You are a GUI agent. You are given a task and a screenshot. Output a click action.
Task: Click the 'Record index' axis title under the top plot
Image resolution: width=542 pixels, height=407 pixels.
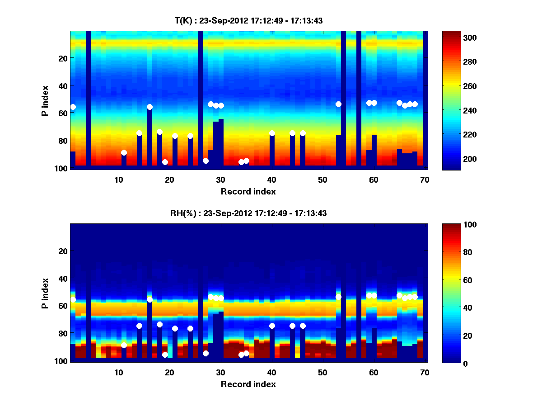pos(248,191)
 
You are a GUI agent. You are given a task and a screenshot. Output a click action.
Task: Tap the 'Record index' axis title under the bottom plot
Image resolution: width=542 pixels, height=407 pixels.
pos(248,384)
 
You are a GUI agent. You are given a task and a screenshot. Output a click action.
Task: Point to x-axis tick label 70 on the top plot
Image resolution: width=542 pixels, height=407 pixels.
pos(425,180)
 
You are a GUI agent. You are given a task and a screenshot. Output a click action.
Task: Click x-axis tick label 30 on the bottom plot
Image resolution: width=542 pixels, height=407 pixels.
pos(221,372)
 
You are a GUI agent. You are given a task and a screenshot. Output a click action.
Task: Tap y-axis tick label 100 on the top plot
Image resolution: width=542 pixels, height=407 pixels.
pos(61,168)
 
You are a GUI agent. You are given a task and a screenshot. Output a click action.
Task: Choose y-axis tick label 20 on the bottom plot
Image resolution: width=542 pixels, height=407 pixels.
pos(63,251)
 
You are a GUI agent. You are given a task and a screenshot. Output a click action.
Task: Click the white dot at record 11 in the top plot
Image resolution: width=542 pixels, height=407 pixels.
pos(124,153)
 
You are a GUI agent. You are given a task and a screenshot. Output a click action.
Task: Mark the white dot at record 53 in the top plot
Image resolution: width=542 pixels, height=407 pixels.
pos(338,104)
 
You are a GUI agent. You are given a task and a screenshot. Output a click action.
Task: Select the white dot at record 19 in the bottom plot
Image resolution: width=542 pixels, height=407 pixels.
pos(165,355)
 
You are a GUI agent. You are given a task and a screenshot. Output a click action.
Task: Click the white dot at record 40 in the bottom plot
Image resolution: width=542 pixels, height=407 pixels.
pos(272,326)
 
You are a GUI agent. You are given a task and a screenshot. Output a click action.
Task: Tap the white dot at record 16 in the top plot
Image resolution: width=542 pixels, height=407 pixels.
pos(150,107)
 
